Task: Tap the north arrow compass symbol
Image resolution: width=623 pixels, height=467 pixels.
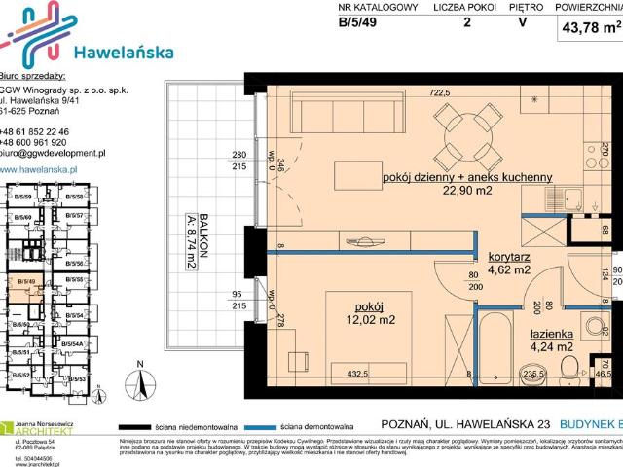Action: coord(143,383)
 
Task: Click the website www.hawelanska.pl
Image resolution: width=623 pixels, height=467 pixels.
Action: coord(40,168)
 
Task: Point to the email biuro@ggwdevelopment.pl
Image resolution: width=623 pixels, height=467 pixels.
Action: coord(54,154)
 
